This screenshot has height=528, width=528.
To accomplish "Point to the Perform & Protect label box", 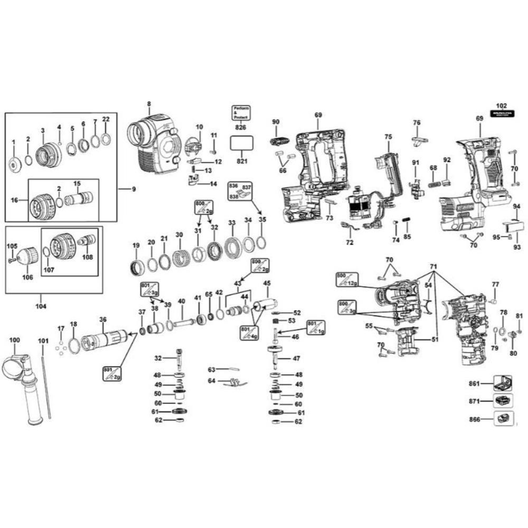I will [x=241, y=113].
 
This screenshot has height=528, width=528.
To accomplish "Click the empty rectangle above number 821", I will [x=241, y=144].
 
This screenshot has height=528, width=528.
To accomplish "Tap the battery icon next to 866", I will [x=502, y=420].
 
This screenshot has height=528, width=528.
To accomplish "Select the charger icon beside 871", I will [x=502, y=401].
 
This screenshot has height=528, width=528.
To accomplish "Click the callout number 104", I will [x=41, y=306].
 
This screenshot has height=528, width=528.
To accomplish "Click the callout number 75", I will [x=388, y=136].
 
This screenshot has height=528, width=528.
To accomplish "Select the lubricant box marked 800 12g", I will [x=347, y=278].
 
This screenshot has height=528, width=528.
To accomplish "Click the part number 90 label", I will [x=276, y=122].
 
